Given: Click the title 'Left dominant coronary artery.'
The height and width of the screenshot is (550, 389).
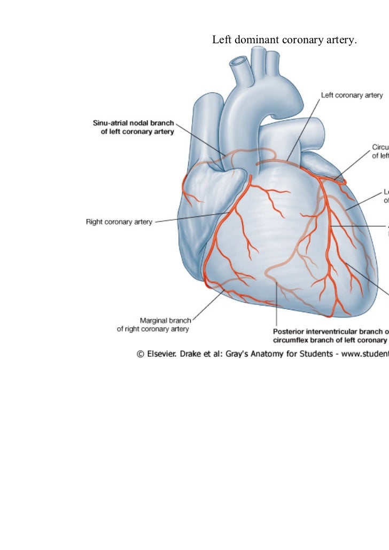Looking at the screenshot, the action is [x=284, y=40].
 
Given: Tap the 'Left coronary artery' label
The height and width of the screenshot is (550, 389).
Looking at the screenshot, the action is [x=351, y=96].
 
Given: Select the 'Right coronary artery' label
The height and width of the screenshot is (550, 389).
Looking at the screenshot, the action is [x=119, y=222].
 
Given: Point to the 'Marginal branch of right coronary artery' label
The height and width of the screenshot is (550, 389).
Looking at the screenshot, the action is [x=153, y=325].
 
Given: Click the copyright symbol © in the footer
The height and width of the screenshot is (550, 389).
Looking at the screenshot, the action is [x=141, y=353].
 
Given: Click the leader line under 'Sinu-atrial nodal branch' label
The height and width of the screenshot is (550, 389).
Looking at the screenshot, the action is [x=200, y=139].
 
